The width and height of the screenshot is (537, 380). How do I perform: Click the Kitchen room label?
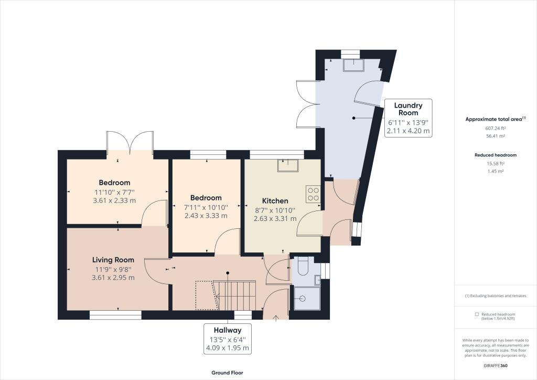click(275, 201)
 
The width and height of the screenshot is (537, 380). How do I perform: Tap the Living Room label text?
click(113, 260)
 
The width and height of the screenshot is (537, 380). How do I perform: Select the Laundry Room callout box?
click(408, 118)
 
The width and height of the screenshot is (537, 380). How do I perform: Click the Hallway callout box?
click(228, 339)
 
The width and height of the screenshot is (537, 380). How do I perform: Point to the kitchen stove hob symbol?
click(313, 194)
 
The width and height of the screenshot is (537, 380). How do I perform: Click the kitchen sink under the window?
click(288, 165)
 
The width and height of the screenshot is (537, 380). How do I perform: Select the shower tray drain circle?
click(302, 299)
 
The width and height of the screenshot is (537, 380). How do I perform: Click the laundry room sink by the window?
click(353, 65)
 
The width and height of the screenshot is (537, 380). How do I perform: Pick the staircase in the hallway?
click(234, 295)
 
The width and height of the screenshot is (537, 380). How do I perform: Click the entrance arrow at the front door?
click(276, 318)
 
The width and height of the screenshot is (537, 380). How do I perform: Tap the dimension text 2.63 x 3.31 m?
click(275, 219)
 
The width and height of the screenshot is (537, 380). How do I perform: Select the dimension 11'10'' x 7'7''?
click(114, 192)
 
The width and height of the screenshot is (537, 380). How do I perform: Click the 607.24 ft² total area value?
click(496, 129)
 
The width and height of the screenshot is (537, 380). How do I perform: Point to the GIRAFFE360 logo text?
click(496, 365)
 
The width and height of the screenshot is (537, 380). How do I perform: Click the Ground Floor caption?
click(228, 373)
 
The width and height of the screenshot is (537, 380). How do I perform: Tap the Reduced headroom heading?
click(496, 155)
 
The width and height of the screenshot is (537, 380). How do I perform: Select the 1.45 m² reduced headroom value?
click(496, 171)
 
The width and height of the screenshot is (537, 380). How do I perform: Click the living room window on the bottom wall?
click(115, 315)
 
